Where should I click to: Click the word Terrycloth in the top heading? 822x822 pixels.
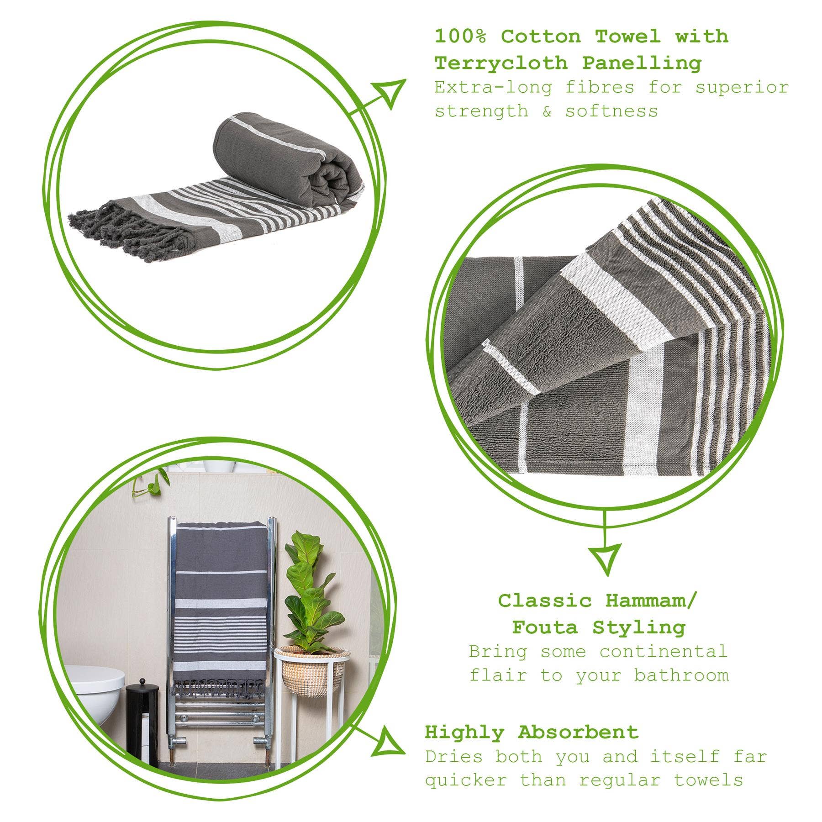(501, 63)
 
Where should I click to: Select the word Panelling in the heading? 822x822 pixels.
(641, 63)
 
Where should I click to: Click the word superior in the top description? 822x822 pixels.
(742, 87)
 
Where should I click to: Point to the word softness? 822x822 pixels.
(611, 111)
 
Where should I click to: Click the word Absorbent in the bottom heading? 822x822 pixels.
(578, 732)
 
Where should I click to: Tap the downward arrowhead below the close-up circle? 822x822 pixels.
(606, 558)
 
